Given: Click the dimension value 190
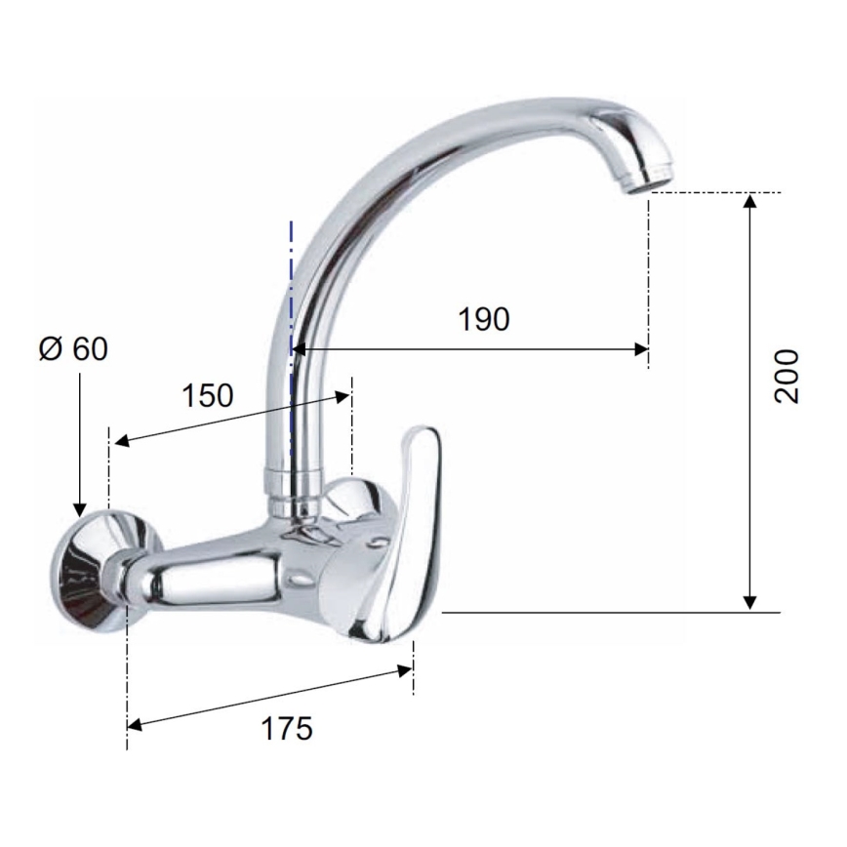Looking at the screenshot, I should (484, 319).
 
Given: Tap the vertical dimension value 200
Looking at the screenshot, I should (786, 376).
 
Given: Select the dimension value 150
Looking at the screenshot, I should (208, 395).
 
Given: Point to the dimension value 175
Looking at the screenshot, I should (287, 727).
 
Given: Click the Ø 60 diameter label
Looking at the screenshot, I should (74, 349).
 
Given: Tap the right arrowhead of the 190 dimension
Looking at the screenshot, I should (641, 348).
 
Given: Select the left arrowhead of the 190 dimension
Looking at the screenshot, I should (300, 348).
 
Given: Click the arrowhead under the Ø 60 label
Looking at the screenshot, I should (78, 508).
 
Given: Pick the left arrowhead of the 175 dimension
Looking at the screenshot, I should (136, 724).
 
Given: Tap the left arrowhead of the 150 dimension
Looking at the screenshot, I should (119, 442).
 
